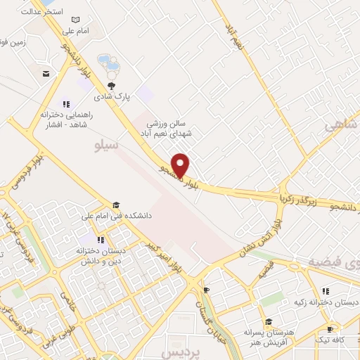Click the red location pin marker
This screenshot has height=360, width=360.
pyautogui.click(x=181, y=164)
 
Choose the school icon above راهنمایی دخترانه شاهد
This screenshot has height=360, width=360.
pyautogui.click(x=67, y=104)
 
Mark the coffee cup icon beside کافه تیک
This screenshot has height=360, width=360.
pyautogui.click(x=330, y=329)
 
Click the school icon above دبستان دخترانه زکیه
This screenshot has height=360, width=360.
pyautogui.click(x=325, y=291)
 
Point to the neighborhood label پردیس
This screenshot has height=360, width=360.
pyautogui.click(x=177, y=350)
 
